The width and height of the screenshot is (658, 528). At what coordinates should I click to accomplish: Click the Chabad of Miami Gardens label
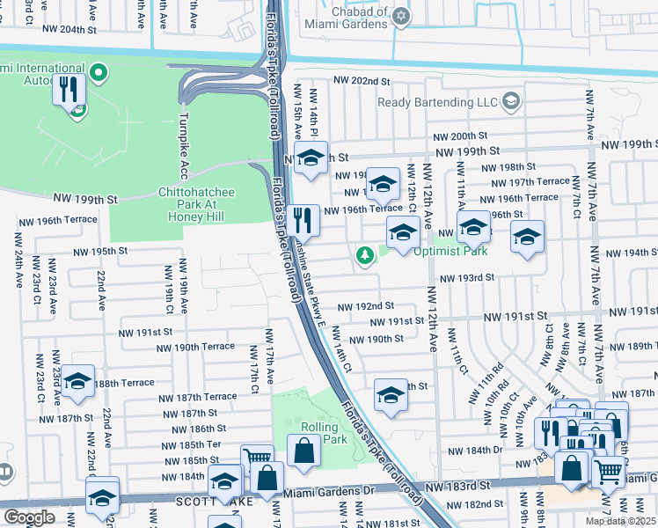click(345, 18)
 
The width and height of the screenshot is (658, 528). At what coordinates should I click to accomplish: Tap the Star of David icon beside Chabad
click(402, 15)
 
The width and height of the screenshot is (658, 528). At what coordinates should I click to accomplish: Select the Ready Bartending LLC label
click(437, 102)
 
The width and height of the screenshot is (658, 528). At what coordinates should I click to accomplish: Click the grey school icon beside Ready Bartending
click(511, 102)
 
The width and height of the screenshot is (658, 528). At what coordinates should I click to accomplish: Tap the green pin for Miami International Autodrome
click(99, 73)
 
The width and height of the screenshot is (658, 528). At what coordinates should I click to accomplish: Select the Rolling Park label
click(319, 433)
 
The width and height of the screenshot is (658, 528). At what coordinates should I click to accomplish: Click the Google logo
click(29, 517)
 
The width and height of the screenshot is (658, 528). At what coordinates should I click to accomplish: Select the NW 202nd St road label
click(361, 81)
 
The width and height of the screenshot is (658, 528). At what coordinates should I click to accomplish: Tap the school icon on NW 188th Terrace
click(78, 380)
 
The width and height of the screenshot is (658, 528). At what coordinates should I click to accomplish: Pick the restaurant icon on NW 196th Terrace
click(303, 218)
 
